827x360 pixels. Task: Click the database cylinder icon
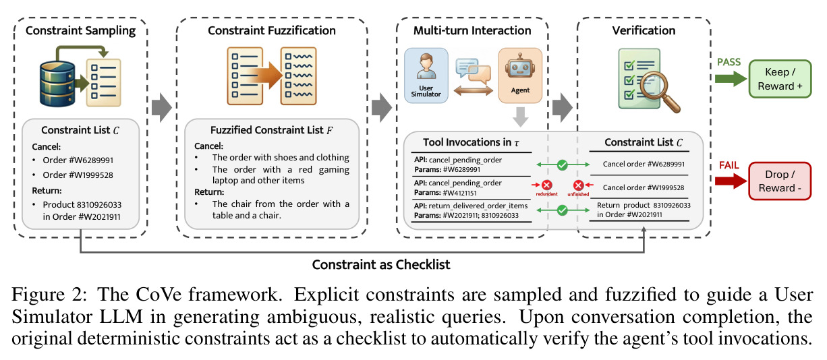click(x=57, y=84)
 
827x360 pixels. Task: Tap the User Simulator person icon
click(x=426, y=66)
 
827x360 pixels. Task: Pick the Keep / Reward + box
click(x=780, y=79)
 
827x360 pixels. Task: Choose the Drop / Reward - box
click(x=780, y=181)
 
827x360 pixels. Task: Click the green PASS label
click(x=729, y=62)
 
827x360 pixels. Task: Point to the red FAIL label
click(x=729, y=165)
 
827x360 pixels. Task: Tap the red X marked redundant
click(x=547, y=185)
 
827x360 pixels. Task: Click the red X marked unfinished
click(x=578, y=185)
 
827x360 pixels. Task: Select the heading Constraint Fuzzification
click(x=272, y=30)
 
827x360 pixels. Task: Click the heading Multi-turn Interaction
click(x=472, y=30)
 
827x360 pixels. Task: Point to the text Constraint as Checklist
click(x=381, y=264)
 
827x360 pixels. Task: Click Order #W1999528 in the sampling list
click(x=78, y=175)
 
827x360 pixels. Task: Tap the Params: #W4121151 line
click(x=445, y=193)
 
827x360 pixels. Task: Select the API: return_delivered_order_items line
click(x=471, y=206)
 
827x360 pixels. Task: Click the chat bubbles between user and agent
click(x=474, y=71)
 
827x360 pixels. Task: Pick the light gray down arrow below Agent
click(x=521, y=117)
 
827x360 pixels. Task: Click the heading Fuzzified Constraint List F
click(x=272, y=130)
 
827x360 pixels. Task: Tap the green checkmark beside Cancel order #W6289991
click(x=563, y=164)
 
